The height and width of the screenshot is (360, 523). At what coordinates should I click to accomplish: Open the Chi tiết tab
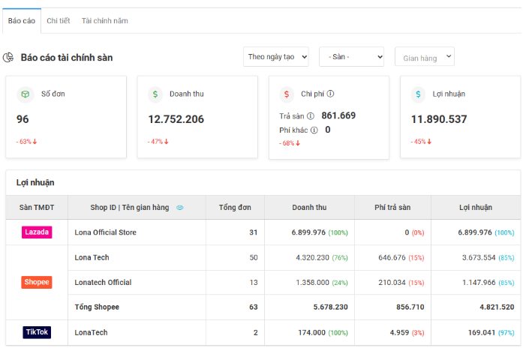click(59, 21)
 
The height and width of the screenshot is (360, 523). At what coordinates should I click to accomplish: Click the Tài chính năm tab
click(105, 21)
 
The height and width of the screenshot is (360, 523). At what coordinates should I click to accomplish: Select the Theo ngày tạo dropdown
click(276, 57)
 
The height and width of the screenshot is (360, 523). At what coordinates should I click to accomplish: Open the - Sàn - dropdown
click(352, 57)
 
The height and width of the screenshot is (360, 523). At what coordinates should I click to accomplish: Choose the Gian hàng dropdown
click(425, 57)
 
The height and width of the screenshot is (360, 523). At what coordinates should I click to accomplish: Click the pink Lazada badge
click(37, 232)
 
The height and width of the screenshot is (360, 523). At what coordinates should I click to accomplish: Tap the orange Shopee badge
click(37, 282)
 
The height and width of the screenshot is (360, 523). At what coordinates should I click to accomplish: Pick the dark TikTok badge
click(37, 332)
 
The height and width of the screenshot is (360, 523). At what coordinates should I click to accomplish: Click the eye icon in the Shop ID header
click(180, 208)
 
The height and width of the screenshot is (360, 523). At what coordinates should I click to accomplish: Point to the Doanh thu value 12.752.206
click(176, 119)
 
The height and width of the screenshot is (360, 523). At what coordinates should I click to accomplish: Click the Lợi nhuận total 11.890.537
click(439, 119)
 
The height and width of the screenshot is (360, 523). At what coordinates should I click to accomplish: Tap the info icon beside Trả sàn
click(311, 116)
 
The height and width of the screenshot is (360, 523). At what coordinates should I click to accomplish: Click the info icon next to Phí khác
click(314, 130)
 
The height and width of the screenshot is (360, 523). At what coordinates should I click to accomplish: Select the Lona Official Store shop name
click(105, 232)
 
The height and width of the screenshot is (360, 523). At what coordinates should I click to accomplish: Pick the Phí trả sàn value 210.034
click(392, 283)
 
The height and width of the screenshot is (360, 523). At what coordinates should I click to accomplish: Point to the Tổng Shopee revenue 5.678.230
click(331, 307)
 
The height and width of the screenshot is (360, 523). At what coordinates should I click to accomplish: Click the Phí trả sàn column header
click(392, 207)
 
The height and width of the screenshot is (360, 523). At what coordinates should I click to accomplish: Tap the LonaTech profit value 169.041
click(482, 333)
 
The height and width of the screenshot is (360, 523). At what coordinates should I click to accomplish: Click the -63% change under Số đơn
click(26, 142)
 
